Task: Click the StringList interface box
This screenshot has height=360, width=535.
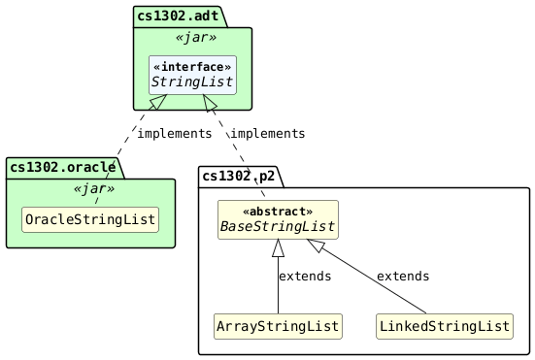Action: click(x=192, y=75)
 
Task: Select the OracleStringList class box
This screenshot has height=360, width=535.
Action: click(x=89, y=220)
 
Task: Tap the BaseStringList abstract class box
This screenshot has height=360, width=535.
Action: click(x=278, y=219)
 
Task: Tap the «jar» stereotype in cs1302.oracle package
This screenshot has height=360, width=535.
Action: click(x=90, y=188)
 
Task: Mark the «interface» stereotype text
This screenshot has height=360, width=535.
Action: click(x=192, y=66)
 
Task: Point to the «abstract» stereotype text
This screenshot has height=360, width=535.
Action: click(x=278, y=211)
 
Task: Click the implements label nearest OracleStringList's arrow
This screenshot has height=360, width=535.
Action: click(x=174, y=133)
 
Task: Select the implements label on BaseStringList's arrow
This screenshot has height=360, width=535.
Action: click(x=267, y=133)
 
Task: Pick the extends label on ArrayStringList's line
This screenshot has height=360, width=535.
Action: click(x=305, y=277)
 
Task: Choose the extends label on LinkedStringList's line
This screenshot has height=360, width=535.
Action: click(x=403, y=277)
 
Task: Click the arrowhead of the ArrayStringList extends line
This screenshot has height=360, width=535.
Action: click(x=278, y=248)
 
